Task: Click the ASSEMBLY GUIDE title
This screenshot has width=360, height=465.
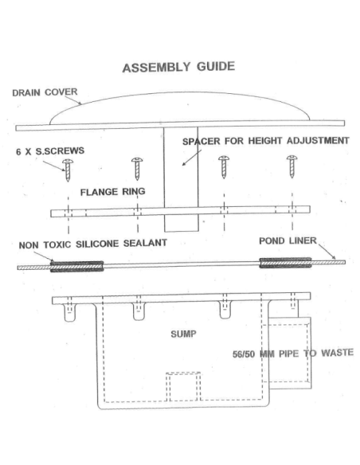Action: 178,67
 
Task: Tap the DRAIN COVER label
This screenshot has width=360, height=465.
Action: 45,92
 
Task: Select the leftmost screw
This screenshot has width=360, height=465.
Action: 68,170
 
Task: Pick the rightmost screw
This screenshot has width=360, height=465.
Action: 292,166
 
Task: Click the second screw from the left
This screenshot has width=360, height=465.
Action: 137,169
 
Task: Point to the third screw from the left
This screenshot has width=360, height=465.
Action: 224,167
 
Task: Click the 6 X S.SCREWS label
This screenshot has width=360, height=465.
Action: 50,151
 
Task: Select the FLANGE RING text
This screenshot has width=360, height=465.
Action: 112,192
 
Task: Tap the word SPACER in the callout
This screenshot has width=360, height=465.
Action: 202,141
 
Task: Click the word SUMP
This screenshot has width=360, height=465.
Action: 183,334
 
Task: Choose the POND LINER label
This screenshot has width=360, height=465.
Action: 288,240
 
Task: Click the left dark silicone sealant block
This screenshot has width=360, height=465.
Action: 77,266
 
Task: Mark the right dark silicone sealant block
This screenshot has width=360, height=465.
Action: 285,263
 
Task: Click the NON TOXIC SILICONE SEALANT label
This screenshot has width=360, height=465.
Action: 93,244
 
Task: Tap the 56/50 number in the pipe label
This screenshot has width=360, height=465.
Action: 244,354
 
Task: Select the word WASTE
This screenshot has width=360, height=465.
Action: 337,353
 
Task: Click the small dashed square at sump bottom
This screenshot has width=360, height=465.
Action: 183,387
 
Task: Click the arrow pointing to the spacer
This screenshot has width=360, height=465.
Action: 192,158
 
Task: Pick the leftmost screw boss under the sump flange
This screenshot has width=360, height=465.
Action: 70,313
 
